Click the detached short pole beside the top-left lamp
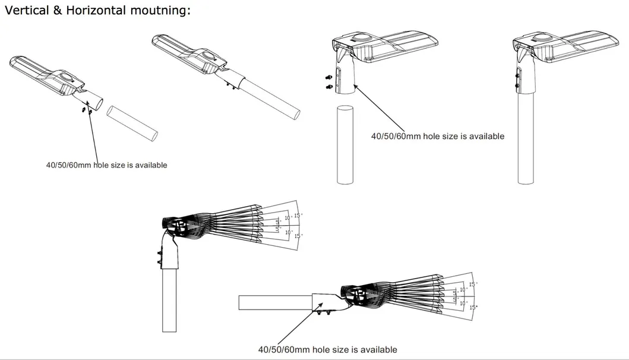click(x=133, y=124)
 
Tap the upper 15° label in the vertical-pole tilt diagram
click(x=298, y=215)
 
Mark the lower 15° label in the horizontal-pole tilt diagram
click(x=473, y=307)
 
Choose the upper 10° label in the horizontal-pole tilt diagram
click(x=463, y=290)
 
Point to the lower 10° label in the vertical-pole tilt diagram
click(x=289, y=232)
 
